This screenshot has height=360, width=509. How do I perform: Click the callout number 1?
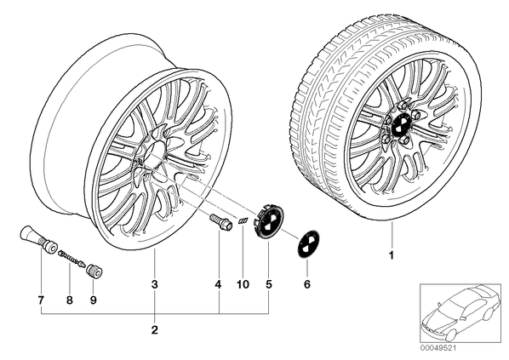pos(392,255)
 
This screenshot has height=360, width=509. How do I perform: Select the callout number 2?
pos(155,330)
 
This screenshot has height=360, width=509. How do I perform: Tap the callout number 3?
pos(155,285)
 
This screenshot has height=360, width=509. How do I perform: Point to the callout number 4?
pos(218,285)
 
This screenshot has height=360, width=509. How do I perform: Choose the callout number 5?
pos(268,285)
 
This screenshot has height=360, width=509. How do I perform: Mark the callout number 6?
pos(307,284)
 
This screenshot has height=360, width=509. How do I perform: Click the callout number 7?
pos(41,300)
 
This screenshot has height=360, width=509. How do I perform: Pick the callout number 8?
pos(70,300)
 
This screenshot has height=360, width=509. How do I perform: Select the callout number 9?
pos(93,300)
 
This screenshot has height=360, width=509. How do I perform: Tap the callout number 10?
pos(243,285)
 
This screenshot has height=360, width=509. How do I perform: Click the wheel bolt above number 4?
pos(220,222)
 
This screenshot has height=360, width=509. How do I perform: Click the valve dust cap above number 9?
pos(94,271)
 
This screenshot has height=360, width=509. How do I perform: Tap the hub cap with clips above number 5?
pos(268,221)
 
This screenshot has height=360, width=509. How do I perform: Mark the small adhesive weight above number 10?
pos(243,220)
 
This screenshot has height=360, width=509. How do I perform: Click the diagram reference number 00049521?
pos(437,348)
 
